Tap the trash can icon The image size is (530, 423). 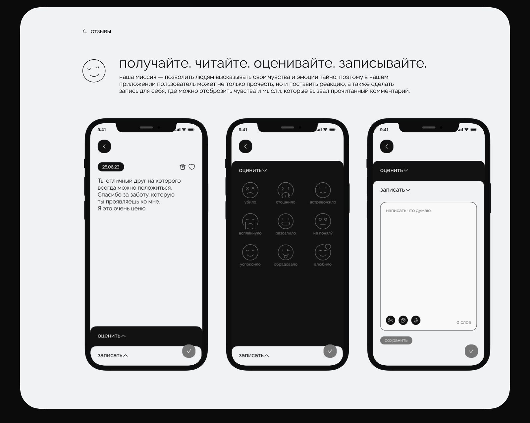pos(183,167)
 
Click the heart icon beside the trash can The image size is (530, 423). pos(192,167)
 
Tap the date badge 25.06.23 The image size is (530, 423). pos(111,167)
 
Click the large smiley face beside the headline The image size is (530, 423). pos(94,71)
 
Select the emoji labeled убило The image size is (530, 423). pos(250,190)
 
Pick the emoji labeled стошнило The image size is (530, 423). pos(286,190)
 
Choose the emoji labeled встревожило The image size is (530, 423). pos(323,190)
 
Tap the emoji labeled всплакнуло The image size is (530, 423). pos(250,221)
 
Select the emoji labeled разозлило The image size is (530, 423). pos(286,221)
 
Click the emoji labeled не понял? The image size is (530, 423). pos(323,221)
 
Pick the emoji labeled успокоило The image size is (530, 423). pos(250,252)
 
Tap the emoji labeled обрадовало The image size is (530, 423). pos(286,252)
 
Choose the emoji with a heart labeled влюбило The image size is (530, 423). pos(323,252)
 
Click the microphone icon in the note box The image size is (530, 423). pos(416,320)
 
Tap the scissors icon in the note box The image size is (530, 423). pos(390,320)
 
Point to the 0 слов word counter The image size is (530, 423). pos(463,322)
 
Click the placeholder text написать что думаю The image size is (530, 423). pos(408,211)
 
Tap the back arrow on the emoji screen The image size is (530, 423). pos(245,147)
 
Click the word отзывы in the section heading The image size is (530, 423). pos(101,31)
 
